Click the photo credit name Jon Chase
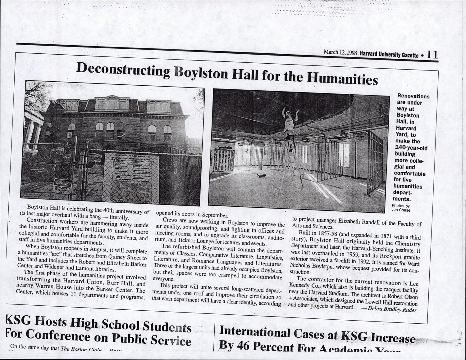tap(401, 210)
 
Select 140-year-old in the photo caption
tap(411, 148)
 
